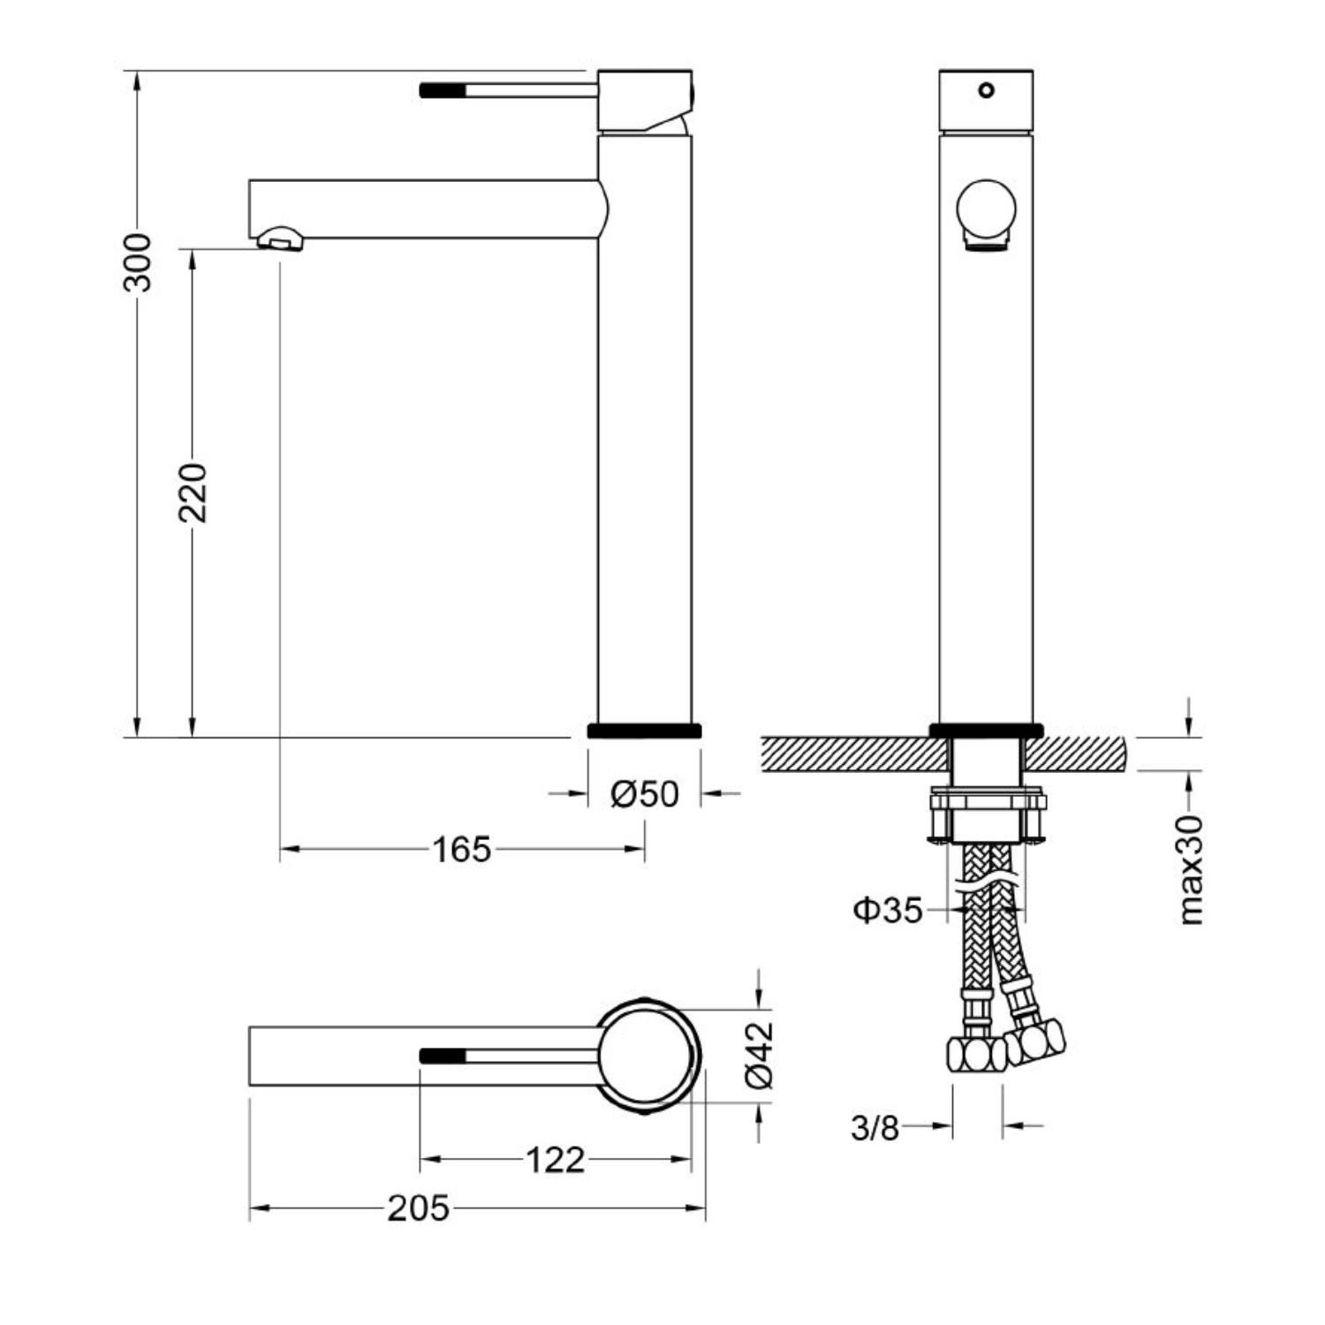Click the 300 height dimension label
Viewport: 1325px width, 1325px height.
point(138,262)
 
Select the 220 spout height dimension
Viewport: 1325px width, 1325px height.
point(192,492)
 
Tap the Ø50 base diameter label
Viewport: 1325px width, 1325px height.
point(645,794)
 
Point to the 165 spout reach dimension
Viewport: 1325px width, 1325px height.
point(461,850)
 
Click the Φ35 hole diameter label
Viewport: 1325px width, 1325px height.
point(888,910)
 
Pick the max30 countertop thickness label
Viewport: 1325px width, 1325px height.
point(1192,870)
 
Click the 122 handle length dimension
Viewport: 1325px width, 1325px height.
point(555,1160)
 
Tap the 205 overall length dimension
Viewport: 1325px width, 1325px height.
point(418,1208)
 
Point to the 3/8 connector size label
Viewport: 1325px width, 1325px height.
point(874,1127)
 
